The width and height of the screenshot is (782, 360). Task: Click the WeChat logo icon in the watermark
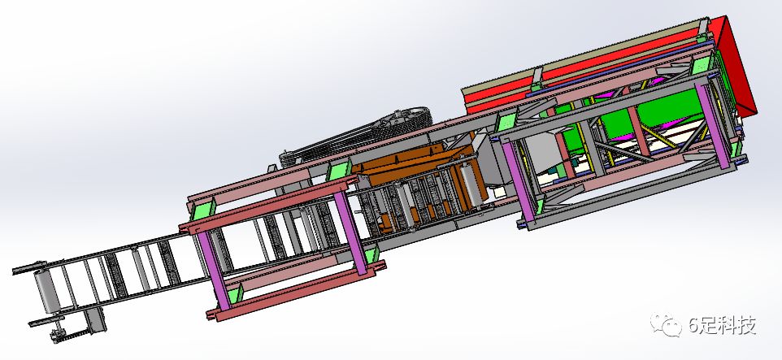(x=666, y=324)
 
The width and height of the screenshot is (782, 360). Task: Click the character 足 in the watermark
(x=710, y=326)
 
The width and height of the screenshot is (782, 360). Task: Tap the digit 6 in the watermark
(x=695, y=326)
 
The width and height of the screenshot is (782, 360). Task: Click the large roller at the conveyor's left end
(x=46, y=291)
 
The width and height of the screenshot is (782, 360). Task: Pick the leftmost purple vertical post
(x=215, y=270)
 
